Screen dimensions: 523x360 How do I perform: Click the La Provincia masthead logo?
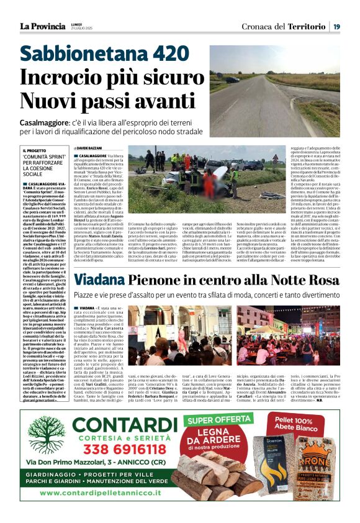pyautogui.click(x=42, y=26)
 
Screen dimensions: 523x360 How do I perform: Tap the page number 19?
pyautogui.click(x=336, y=26)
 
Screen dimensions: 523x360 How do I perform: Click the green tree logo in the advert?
pyautogui.click(x=44, y=437)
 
